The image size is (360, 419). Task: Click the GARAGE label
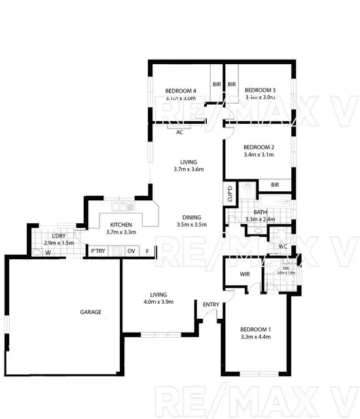90,312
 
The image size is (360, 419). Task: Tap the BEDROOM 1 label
255,329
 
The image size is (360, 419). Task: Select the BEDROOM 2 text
258,147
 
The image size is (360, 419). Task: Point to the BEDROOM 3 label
261,90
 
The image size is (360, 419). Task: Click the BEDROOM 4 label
180,90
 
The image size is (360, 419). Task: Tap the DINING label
192,217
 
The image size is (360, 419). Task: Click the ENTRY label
211,304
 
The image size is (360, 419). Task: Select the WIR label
246,274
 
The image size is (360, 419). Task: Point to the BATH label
260,212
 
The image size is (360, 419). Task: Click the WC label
283,246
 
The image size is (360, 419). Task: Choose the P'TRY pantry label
98,251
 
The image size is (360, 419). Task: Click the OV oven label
131,251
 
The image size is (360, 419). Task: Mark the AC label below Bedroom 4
179,132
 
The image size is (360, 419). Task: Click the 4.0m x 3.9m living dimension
158,302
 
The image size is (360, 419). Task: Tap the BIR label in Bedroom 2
276,185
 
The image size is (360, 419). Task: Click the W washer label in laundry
48,251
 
